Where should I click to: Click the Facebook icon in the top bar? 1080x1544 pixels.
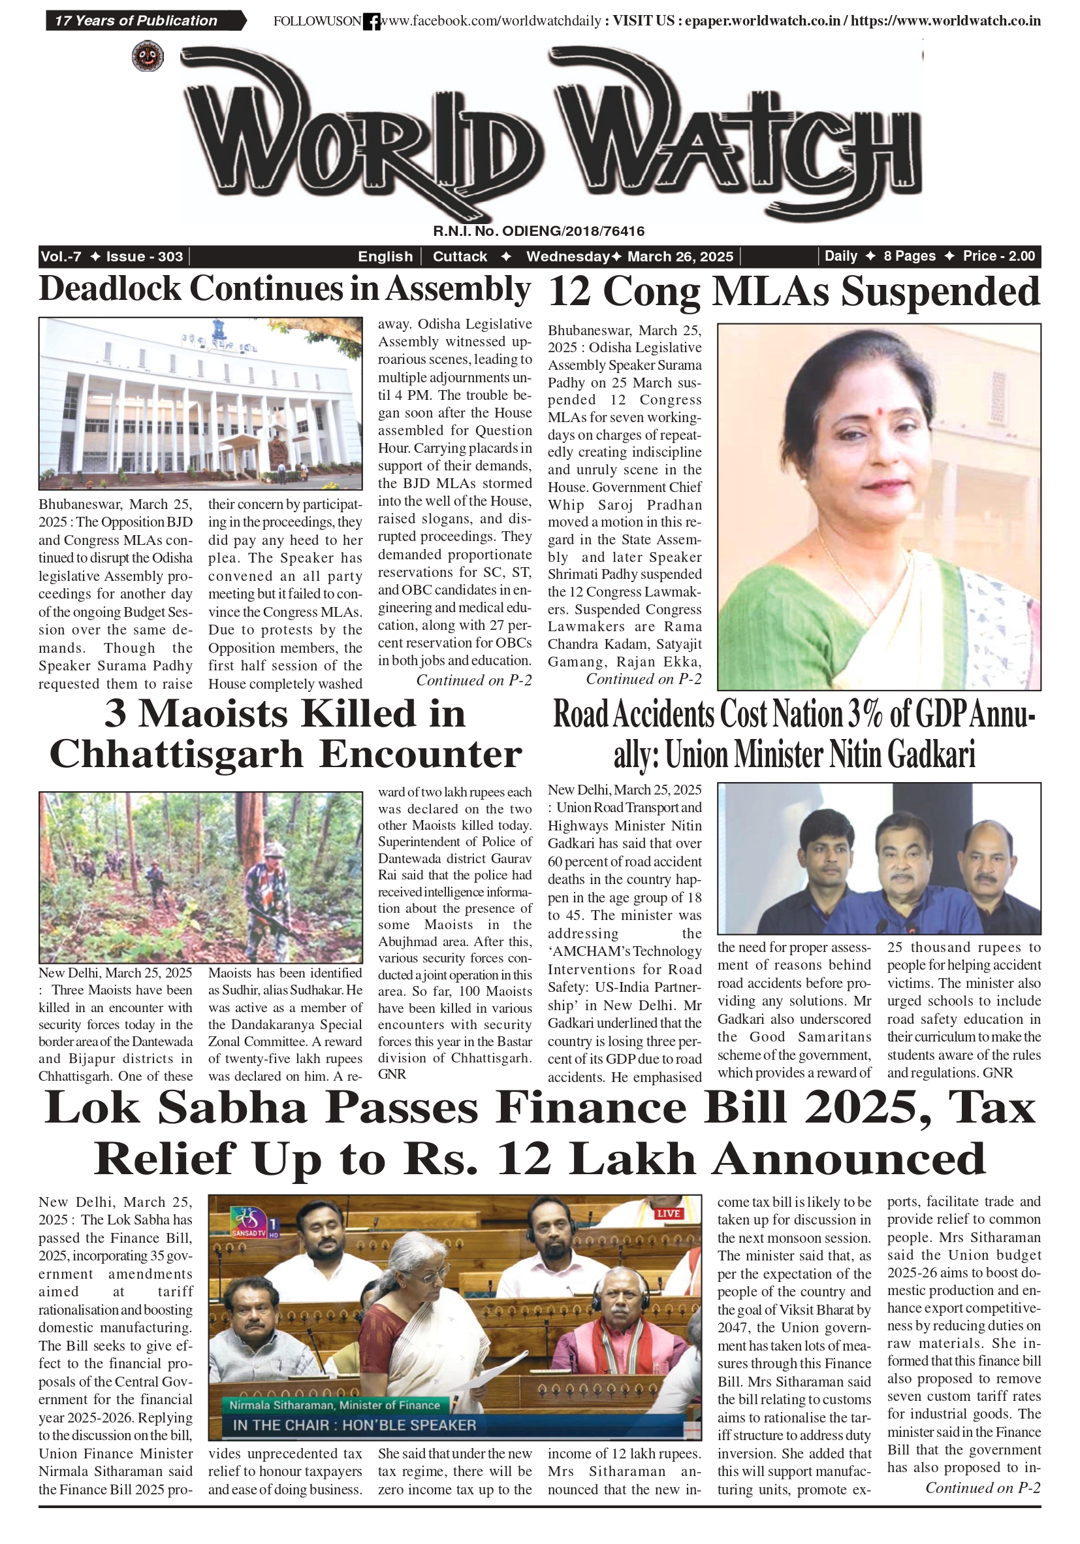[371, 22]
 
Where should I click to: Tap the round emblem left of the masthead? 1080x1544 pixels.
[148, 56]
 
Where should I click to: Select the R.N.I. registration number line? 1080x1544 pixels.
[538, 231]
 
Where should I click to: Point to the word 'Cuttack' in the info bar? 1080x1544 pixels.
[460, 256]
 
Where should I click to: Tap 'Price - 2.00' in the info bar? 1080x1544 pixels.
[998, 256]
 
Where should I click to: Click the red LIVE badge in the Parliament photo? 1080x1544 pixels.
[668, 1214]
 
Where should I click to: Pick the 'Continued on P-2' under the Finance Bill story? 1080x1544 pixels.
[983, 1488]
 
